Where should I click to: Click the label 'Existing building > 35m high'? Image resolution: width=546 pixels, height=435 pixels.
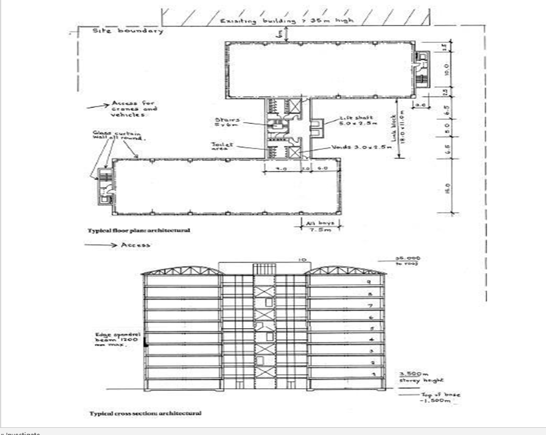pos(286,21)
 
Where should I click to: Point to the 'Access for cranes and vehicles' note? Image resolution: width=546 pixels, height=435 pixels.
pos(133,109)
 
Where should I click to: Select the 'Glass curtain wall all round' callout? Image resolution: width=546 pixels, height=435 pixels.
pos(117,135)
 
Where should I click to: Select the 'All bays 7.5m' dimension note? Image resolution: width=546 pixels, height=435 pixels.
pos(320,227)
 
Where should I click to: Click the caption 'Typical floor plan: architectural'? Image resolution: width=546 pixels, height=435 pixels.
pos(139,230)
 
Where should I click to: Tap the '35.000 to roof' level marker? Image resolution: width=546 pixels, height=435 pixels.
pos(408,260)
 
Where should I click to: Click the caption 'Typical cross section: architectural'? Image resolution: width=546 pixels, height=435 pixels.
pos(145,413)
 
